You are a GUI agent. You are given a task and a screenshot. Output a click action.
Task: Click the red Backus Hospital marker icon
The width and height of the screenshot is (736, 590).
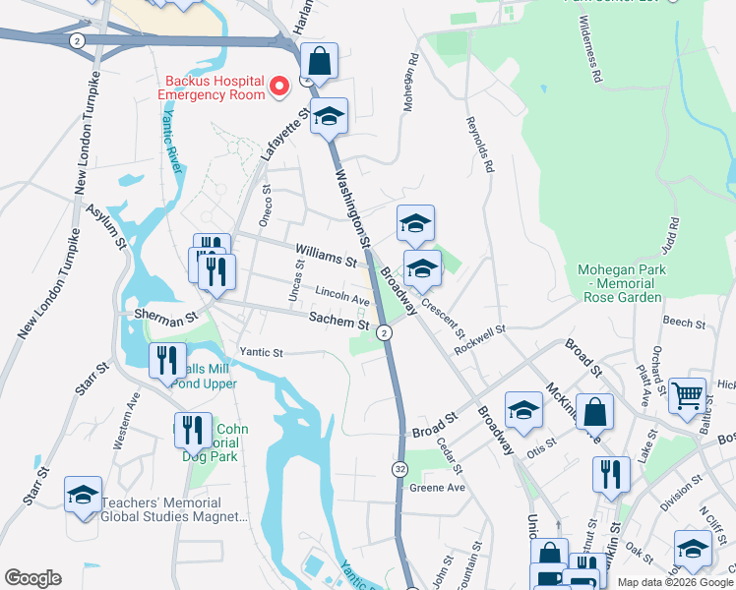[x=278, y=88]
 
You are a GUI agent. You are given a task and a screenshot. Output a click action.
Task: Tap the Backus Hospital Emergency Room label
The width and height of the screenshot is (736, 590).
[x=215, y=88]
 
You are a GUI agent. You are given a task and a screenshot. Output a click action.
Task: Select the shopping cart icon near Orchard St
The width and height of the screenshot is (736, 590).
[x=687, y=395]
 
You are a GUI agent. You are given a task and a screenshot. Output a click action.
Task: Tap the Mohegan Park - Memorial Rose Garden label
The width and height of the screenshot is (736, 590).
[x=622, y=284]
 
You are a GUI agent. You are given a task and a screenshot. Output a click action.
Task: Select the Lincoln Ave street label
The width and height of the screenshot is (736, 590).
[x=342, y=294]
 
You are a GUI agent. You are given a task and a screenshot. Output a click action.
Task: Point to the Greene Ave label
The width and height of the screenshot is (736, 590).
[x=436, y=488]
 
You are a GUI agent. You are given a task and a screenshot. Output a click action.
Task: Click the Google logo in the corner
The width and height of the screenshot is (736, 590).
[x=32, y=578]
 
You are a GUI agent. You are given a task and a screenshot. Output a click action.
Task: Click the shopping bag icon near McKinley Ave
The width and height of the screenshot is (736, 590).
[x=595, y=411]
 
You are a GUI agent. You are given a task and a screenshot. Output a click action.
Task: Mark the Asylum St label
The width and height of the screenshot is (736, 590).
[x=106, y=225]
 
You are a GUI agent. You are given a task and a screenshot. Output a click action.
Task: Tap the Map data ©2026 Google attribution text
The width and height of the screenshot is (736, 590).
[x=675, y=582]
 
